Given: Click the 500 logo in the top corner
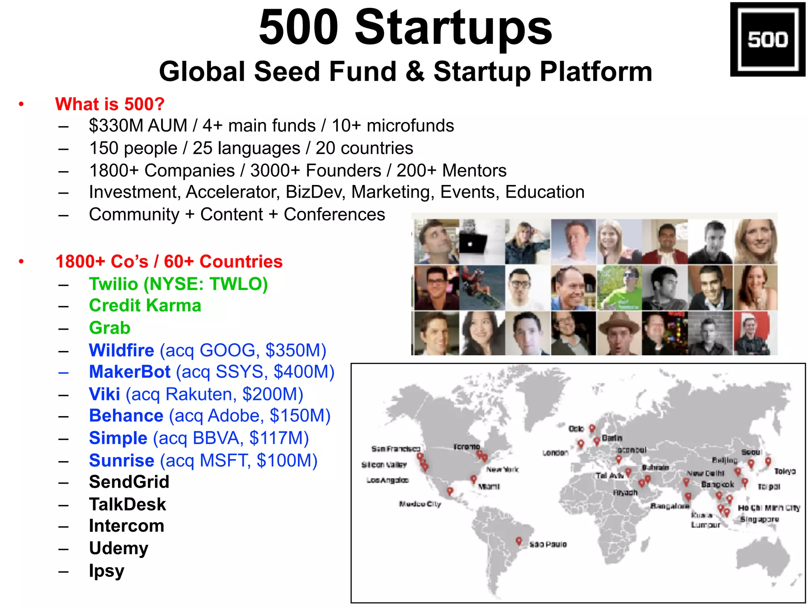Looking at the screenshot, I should pos(767,39).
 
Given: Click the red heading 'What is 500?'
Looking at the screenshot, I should pos(109,104).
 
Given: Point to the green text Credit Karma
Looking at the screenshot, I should pos(145,305).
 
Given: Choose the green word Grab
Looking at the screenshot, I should pos(109,328).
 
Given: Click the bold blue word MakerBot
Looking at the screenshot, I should pos(130,372).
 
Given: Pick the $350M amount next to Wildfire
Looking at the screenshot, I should pos(295,351).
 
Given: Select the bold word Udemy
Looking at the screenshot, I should pos(119,549).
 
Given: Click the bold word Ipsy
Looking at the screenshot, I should pos(106,571).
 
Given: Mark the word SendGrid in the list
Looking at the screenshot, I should pos(129,482).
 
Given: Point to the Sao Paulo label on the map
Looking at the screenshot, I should pos(548,545).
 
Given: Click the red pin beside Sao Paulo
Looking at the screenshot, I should pos(519,541).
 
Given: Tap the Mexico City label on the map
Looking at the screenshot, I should pos(420,504).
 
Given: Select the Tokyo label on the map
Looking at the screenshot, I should pos(785,471).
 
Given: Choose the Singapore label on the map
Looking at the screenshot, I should pos(759,519).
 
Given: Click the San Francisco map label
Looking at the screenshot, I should pos(395,449).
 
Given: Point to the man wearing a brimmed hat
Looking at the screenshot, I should pos(619,333).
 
